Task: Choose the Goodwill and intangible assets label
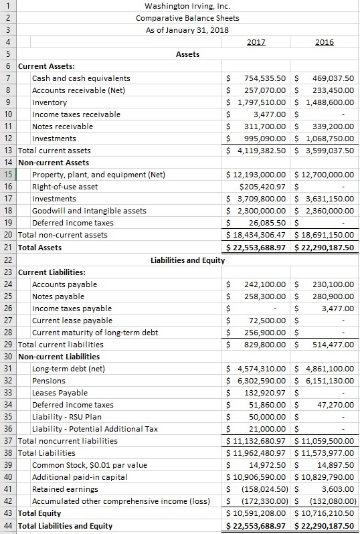(89, 211)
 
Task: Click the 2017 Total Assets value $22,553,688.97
(258, 248)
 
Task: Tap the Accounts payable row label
(64, 284)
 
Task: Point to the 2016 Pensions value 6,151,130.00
(327, 381)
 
